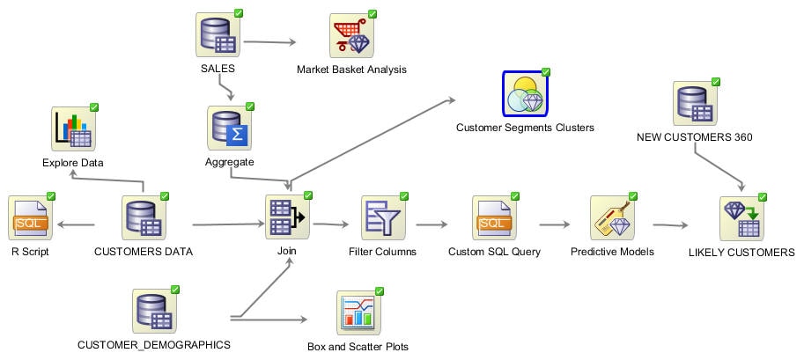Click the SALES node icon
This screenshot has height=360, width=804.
pyautogui.click(x=218, y=35)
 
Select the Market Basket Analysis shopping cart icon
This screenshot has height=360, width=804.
pyautogui.click(x=351, y=35)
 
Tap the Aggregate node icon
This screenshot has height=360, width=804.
pyautogui.click(x=229, y=129)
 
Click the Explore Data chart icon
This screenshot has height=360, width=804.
pyautogui.click(x=73, y=129)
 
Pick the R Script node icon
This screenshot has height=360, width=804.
pyautogui.click(x=30, y=219)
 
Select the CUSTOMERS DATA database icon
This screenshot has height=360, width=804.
pyautogui.click(x=143, y=219)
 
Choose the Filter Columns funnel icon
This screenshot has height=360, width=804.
pyautogui.click(x=382, y=219)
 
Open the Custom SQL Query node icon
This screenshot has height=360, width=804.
pyautogui.click(x=496, y=219)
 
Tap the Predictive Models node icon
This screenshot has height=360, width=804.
pyautogui.click(x=612, y=219)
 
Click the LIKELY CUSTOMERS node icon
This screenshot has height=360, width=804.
pyautogui.click(x=741, y=219)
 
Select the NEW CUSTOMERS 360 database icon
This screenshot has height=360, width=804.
pyautogui.click(x=695, y=104)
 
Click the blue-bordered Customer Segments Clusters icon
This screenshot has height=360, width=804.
pyautogui.click(x=525, y=94)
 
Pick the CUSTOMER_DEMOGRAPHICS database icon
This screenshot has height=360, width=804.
pyautogui.click(x=154, y=312)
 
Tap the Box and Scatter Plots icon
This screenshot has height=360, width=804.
pyautogui.click(x=358, y=313)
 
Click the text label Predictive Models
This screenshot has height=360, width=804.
pyautogui.click(x=612, y=252)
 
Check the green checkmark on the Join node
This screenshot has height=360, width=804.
pyautogui.click(x=308, y=195)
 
